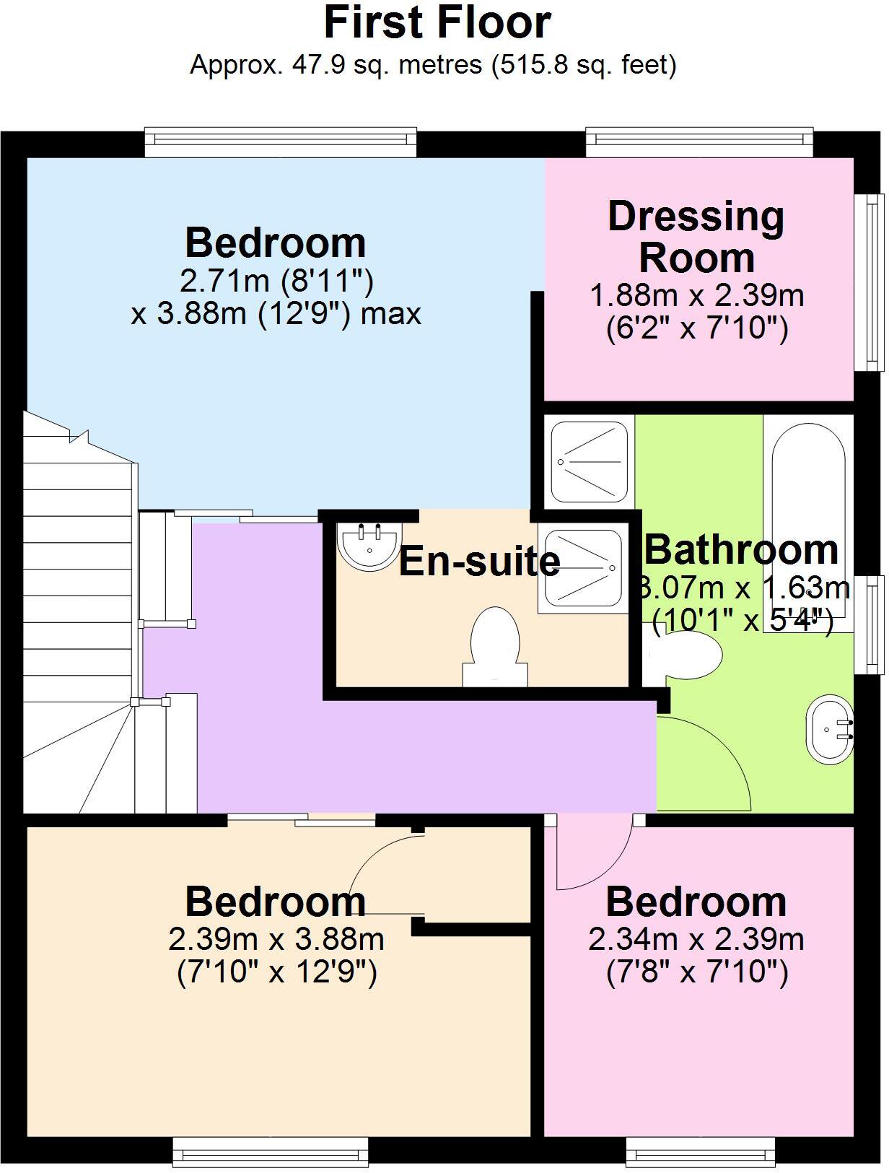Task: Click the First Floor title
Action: point(437,23)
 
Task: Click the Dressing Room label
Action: point(696,237)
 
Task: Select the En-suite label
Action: point(479,562)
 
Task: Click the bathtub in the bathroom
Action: point(807,498)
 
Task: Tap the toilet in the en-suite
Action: point(495,646)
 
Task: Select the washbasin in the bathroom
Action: point(830,728)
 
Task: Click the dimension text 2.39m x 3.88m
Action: point(276,939)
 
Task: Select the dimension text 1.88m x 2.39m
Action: point(696,295)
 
